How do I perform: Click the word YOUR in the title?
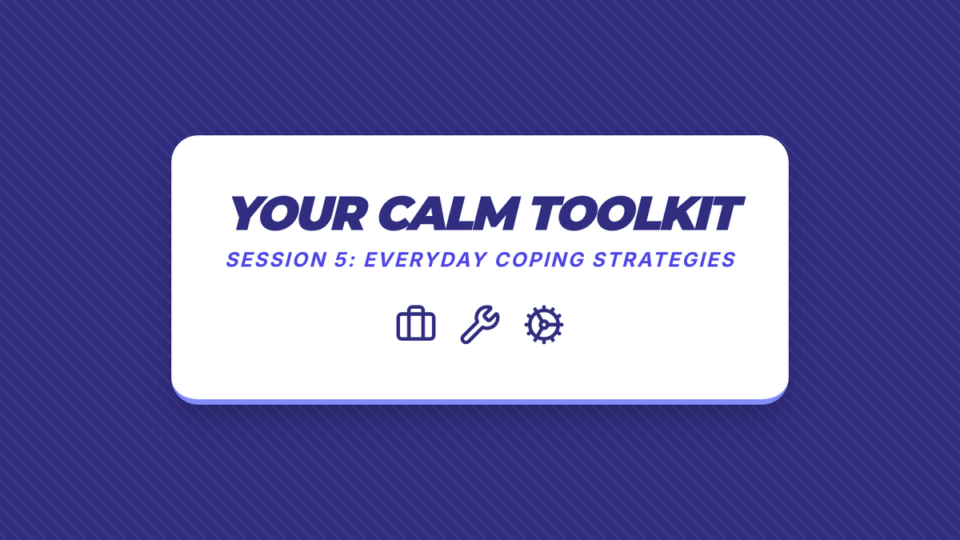tap(298, 214)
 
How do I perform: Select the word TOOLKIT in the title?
tap(638, 214)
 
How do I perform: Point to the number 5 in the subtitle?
tap(341, 260)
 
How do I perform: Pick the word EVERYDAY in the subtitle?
tap(426, 260)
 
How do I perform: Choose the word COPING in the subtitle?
tap(540, 260)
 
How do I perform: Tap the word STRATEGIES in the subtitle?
tap(664, 260)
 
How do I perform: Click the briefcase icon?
tap(416, 323)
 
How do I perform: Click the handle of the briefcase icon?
tap(416, 309)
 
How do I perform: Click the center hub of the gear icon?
tap(543, 325)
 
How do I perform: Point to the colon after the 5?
tap(352, 262)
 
